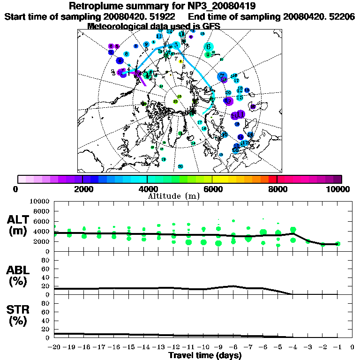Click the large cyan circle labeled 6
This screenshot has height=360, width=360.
(x=209, y=46)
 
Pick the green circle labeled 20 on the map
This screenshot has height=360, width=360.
(x=180, y=166)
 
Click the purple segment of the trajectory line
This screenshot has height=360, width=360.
(x=141, y=79)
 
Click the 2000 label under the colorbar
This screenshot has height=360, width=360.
(x=82, y=189)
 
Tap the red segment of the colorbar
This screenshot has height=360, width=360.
(x=273, y=179)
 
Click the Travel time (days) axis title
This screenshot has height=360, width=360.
(x=205, y=355)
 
